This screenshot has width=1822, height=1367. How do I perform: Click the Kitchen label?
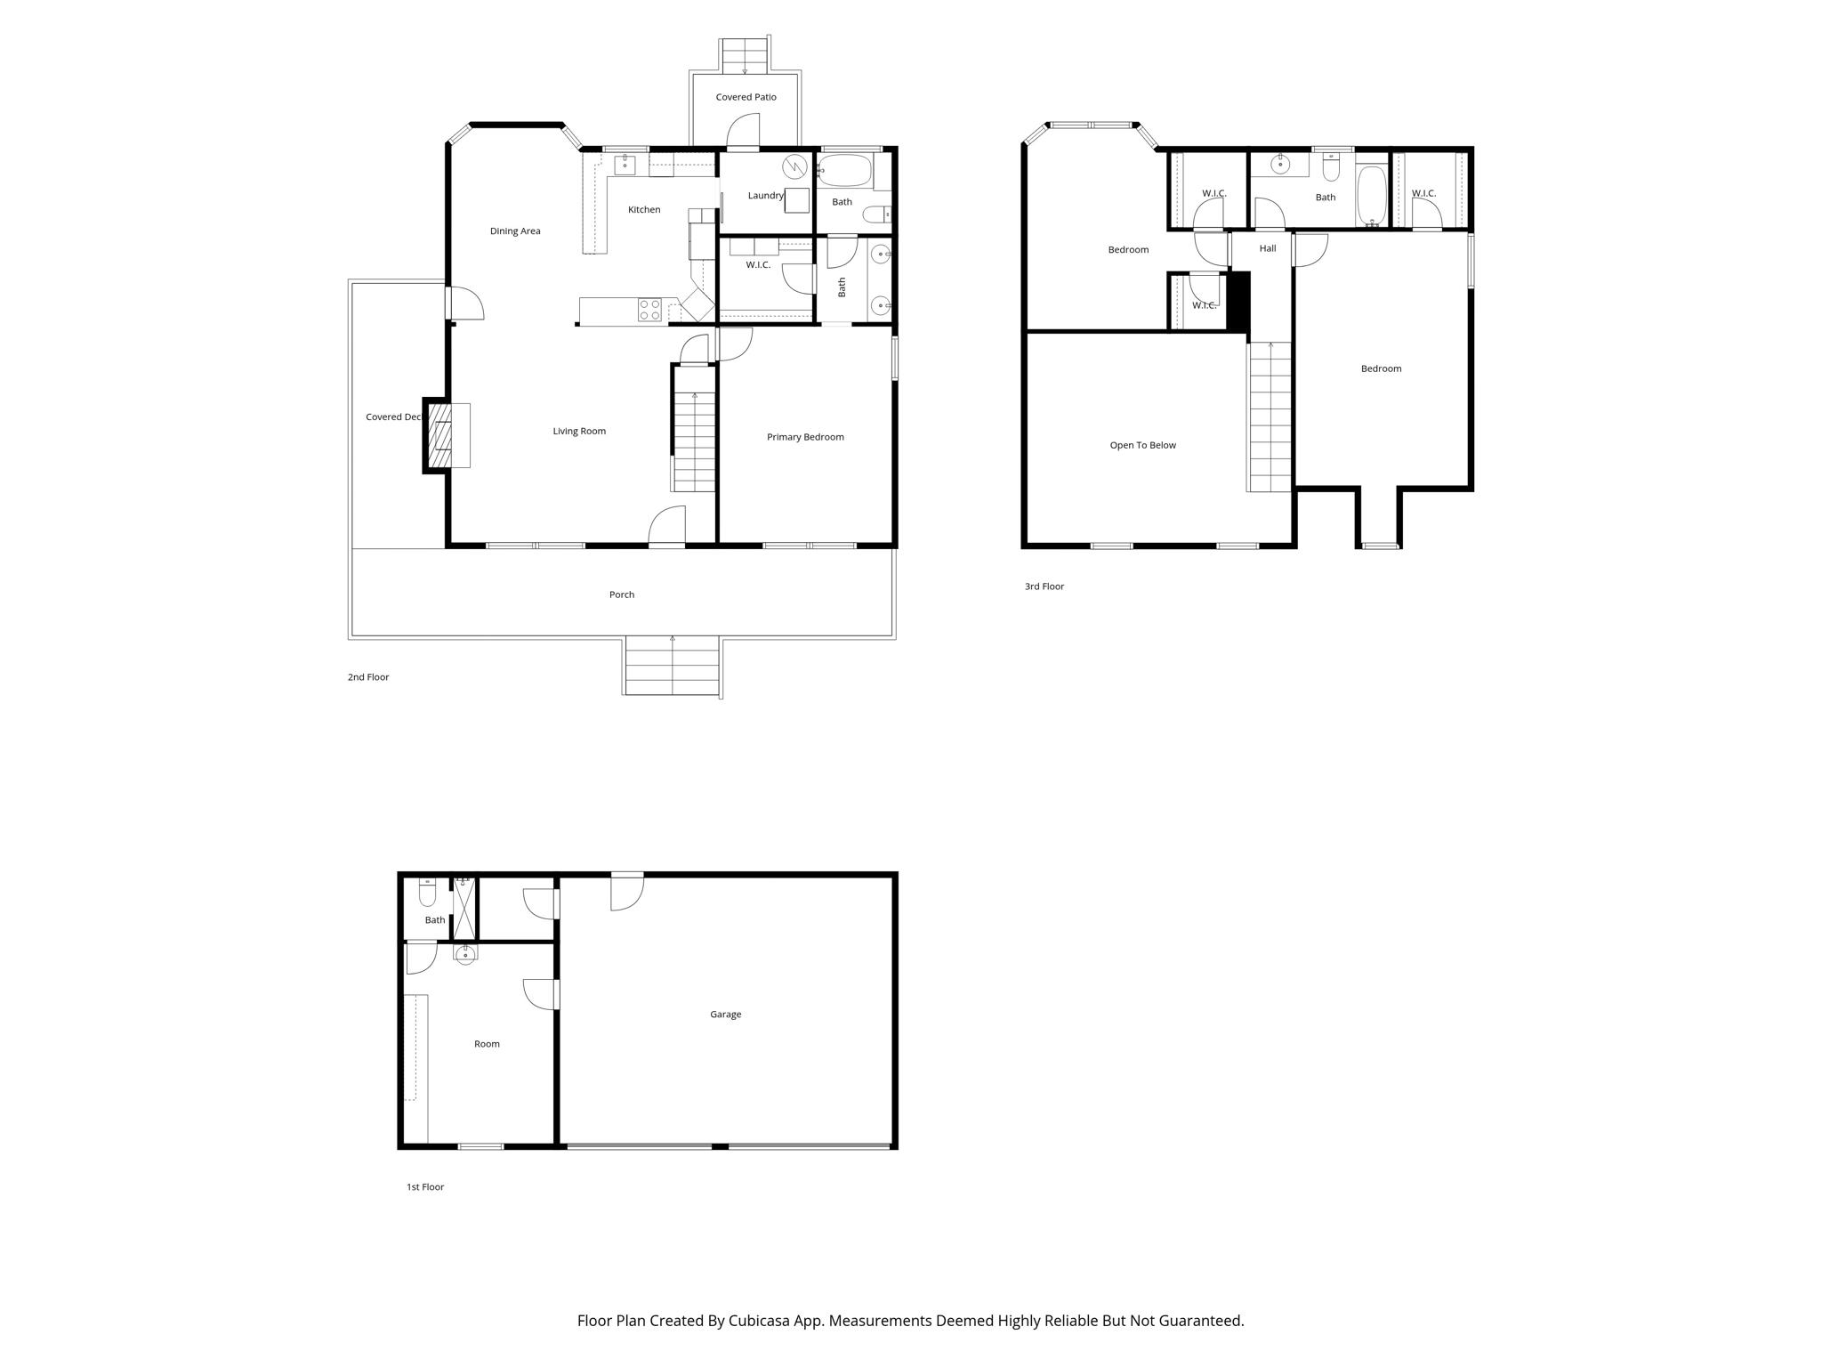(x=644, y=210)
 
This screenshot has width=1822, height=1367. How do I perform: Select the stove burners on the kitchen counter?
(x=649, y=310)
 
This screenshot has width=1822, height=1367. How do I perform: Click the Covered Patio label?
(x=746, y=97)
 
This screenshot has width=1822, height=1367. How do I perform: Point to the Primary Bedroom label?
(x=805, y=437)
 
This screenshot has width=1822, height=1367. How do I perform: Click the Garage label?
(x=725, y=1015)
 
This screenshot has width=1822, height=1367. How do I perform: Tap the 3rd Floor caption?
(x=1044, y=586)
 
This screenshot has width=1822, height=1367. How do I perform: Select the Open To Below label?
(x=1142, y=445)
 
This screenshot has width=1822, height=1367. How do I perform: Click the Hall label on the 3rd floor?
(x=1268, y=248)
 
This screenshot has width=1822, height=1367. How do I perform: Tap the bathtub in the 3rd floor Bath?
(x=1371, y=197)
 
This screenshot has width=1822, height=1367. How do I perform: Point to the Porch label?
(x=622, y=595)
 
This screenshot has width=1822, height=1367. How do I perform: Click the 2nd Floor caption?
(x=367, y=677)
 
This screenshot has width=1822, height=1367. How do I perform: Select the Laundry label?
(x=765, y=196)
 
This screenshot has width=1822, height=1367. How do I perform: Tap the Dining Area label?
(x=515, y=231)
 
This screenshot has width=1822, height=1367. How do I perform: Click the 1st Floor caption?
(x=424, y=1187)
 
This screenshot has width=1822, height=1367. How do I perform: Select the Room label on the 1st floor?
(x=487, y=1044)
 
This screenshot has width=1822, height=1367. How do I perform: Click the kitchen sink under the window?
(x=625, y=165)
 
